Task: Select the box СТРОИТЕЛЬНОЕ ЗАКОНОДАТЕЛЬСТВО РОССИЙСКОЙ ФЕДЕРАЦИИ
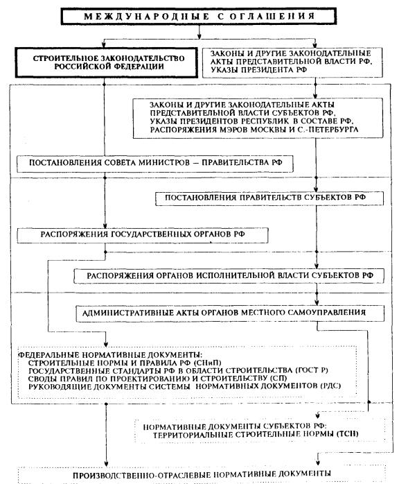[x=107, y=62]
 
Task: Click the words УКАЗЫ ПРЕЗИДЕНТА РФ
[x=258, y=70]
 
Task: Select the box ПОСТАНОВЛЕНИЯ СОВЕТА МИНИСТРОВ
[x=154, y=164]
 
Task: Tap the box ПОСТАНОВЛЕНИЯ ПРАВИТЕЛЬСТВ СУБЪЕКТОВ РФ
[x=269, y=198]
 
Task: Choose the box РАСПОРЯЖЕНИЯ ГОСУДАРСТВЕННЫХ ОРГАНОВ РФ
[x=143, y=235]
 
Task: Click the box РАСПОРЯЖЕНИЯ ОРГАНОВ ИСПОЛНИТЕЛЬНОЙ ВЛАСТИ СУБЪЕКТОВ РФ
[x=229, y=276]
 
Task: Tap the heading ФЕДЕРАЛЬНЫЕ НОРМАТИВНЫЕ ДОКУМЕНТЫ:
[x=111, y=354]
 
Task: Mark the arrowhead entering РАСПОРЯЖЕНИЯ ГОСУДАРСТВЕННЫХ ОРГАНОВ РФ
[x=105, y=225]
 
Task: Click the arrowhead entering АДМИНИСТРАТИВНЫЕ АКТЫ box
[x=317, y=302]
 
